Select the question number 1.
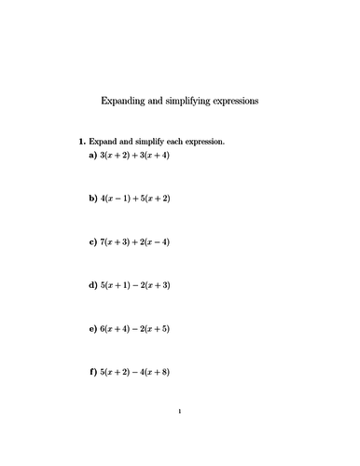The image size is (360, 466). tap(82, 142)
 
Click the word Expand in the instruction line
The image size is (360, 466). tap(104, 142)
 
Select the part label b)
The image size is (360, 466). tap(93, 199)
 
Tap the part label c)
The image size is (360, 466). tap(93, 242)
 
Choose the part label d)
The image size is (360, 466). tap(93, 286)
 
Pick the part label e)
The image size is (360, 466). tap(93, 329)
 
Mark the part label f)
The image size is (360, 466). tap(93, 373)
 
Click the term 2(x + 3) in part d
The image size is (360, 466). tap(154, 286)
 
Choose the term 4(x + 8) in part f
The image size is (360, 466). tap(154, 373)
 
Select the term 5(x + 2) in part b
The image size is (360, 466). tap(154, 199)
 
